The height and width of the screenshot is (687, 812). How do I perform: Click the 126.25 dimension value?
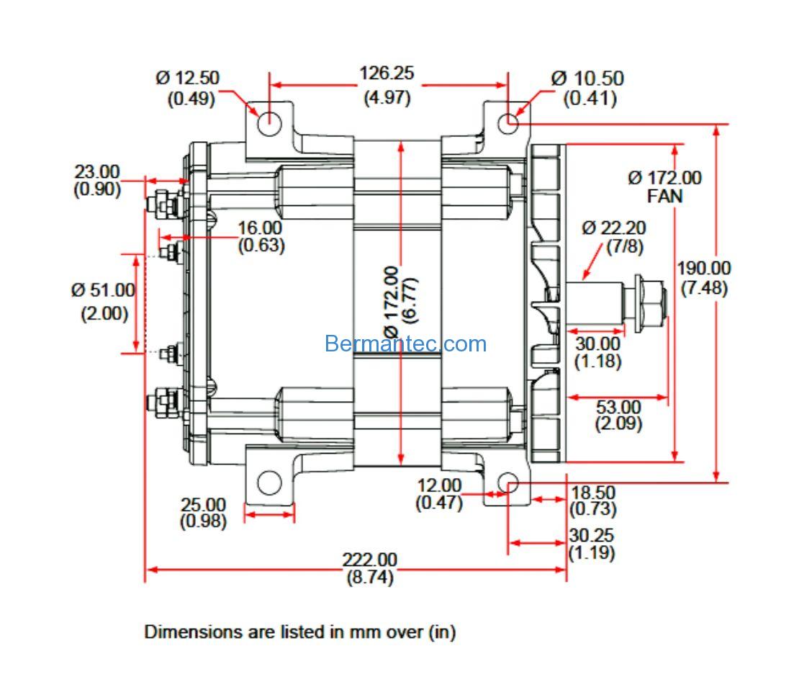point(387,73)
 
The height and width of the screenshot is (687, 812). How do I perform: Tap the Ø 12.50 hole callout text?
point(187,78)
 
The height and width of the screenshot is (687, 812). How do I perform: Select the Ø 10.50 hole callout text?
point(587,78)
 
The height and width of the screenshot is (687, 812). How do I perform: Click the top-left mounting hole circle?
point(269,124)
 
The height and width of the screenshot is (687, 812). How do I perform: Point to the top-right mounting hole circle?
point(508,123)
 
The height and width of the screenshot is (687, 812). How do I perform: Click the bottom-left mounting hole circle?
point(269,483)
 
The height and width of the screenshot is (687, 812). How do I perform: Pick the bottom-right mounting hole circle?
point(508,482)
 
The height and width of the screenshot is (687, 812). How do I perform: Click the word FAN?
point(665,197)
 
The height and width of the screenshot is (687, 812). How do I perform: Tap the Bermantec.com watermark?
point(405,343)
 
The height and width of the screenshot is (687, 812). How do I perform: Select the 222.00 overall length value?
point(370,560)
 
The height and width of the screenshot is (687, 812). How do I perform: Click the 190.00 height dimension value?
point(704,268)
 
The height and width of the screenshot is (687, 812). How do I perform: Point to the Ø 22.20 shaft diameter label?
point(613,228)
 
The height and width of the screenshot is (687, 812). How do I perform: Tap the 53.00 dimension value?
point(618,407)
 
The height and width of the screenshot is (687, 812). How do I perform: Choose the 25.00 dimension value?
point(203,504)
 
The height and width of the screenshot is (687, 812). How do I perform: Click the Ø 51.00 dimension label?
point(103,290)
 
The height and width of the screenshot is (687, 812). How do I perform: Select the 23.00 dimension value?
point(97,171)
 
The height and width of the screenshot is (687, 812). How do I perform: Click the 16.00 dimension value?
point(260,228)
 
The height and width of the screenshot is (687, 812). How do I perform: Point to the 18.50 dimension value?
point(593,492)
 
